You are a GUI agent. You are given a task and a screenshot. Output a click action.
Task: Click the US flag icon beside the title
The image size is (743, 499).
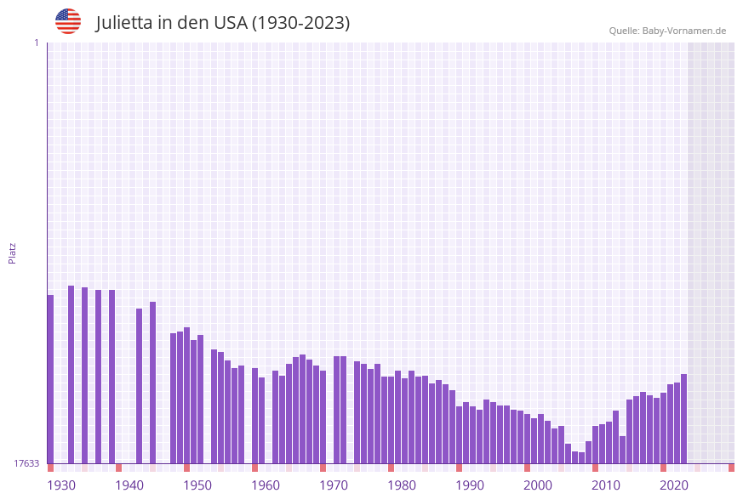pos(68,21)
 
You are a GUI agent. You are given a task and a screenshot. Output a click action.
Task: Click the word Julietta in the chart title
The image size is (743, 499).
pos(125,23)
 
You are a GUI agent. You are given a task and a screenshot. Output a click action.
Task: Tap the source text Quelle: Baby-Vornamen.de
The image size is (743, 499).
pos(667,31)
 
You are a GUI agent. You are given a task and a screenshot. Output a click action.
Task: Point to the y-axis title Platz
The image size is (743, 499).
pos(12,252)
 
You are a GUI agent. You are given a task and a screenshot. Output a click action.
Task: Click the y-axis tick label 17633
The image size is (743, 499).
pos(26,463)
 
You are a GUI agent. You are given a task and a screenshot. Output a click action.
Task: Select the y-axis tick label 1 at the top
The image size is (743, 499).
pos(36,43)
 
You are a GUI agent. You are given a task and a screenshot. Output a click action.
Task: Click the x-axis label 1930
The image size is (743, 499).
pos(61,485)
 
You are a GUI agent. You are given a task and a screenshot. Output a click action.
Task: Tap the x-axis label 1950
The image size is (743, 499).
pos(197,485)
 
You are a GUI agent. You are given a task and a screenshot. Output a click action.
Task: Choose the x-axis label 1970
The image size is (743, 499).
pos(334,485)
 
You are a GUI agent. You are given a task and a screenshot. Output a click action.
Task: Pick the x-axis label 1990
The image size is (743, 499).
pos(470,485)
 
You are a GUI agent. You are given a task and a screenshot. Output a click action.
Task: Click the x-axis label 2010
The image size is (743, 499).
pos(606,485)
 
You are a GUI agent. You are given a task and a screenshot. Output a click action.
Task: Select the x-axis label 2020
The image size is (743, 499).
pos(674,485)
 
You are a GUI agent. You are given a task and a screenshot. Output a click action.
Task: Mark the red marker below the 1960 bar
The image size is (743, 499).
pos(254,468)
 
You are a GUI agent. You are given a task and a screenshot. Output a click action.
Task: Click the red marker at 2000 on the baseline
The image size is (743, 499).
pos(527,468)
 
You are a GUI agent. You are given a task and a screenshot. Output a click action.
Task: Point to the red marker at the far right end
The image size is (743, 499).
pos(731,468)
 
